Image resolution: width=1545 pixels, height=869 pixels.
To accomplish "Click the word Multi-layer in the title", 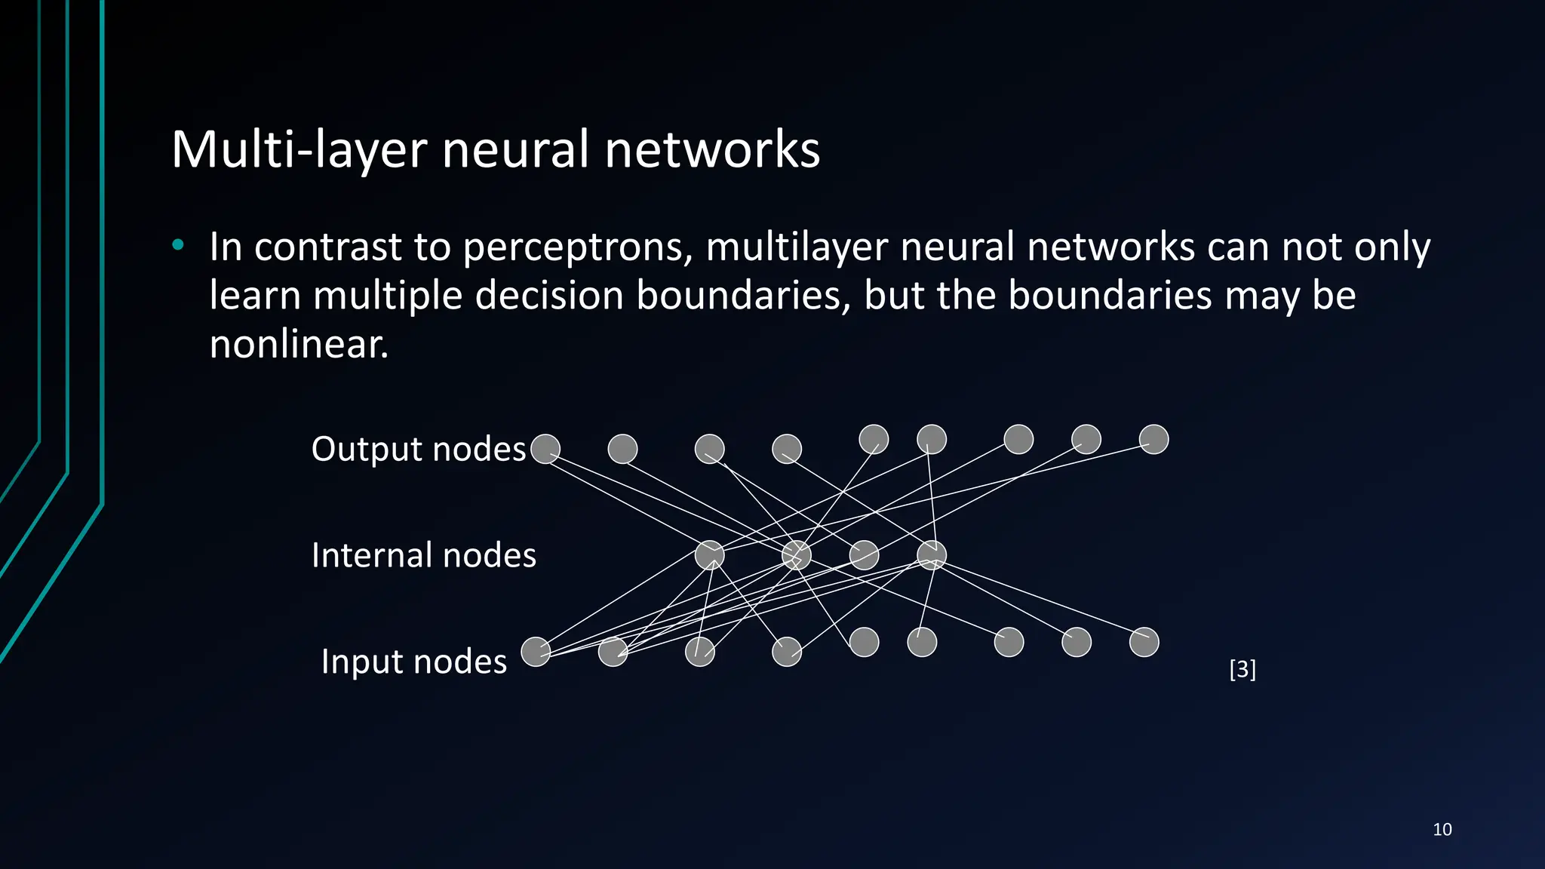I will [x=298, y=149].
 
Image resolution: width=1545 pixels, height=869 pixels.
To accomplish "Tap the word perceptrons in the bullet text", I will [x=577, y=248].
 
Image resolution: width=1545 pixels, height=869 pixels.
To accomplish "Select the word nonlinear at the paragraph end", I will [x=298, y=345].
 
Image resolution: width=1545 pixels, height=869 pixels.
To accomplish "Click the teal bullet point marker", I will [x=177, y=244].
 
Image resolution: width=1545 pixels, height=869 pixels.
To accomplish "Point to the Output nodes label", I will [x=418, y=449].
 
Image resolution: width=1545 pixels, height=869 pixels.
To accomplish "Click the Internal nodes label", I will [x=423, y=555].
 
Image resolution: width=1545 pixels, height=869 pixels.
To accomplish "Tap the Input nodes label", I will [x=413, y=662].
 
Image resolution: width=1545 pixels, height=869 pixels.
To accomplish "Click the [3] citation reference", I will [x=1242, y=669].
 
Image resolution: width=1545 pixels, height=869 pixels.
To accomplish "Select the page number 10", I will [x=1442, y=830].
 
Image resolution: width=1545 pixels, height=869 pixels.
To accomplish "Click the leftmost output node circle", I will [x=545, y=449].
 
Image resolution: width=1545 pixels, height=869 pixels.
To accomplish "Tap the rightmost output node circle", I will [x=1153, y=439].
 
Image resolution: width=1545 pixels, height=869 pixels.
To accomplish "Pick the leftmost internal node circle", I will [x=709, y=555].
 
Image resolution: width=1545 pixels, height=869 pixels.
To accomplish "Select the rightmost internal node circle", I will [x=932, y=555].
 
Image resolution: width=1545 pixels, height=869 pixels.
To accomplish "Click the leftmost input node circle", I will [x=536, y=652].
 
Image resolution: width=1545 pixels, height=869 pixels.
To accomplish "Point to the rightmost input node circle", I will [x=1144, y=642].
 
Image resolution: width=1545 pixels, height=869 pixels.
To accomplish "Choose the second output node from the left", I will [x=622, y=449].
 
